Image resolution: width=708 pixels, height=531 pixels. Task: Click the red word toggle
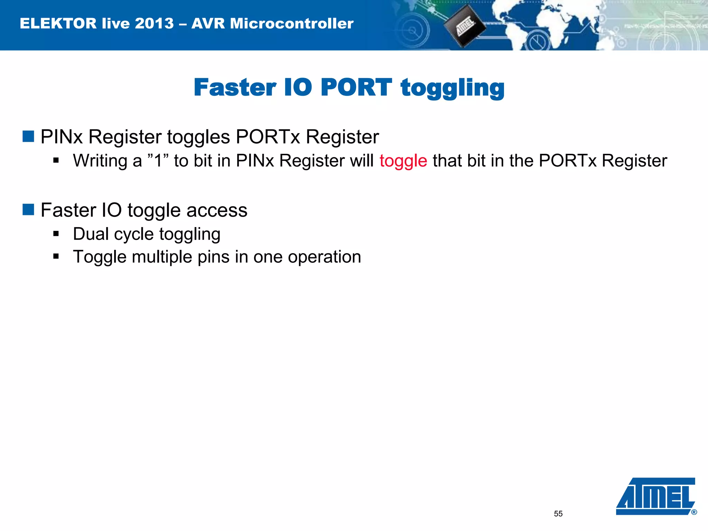[x=403, y=161]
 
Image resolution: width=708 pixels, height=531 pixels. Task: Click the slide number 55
[x=558, y=514]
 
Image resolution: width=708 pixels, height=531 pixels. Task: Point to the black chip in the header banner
[x=464, y=26]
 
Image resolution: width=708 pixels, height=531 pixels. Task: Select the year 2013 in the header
[x=154, y=24]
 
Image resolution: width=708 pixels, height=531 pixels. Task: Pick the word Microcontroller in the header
[x=291, y=24]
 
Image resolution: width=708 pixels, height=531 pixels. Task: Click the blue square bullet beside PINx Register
[x=28, y=136]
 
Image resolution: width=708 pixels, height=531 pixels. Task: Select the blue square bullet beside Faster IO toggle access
[x=28, y=209]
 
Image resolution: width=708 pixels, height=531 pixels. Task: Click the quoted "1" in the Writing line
[x=158, y=160]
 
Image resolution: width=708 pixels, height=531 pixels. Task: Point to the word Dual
[x=91, y=234]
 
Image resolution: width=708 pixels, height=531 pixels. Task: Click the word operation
[x=324, y=257]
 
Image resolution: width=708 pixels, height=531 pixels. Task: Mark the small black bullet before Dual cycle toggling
[x=56, y=234]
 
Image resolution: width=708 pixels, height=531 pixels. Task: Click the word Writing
[x=100, y=161]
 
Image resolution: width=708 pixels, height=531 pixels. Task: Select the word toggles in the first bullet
[x=198, y=137]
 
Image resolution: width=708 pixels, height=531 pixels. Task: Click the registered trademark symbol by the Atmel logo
[x=694, y=512]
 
